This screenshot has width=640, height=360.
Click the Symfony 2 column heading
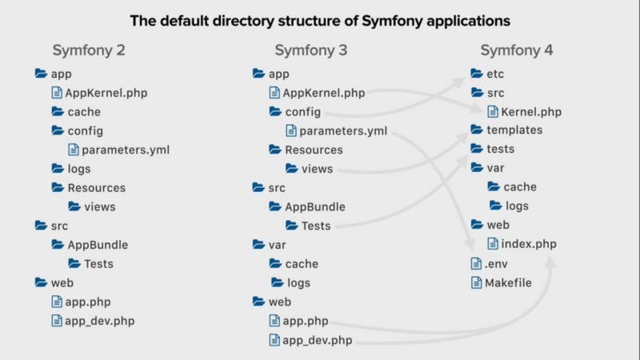(89, 50)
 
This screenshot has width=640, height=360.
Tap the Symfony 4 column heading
(517, 50)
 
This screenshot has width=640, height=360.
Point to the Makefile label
(507, 282)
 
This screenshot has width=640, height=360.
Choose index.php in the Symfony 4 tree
(528, 243)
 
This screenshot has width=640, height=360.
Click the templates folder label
(514, 130)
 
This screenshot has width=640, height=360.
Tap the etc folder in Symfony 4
(495, 74)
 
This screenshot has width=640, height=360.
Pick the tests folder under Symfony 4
(500, 149)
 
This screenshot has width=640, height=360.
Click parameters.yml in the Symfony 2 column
(125, 149)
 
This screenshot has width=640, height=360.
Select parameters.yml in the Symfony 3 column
(345, 130)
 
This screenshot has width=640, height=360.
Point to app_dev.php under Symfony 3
(317, 340)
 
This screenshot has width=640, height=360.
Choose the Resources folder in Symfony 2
(96, 187)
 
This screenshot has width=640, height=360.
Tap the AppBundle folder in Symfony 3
(315, 206)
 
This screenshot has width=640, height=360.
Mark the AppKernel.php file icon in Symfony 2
(58, 93)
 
